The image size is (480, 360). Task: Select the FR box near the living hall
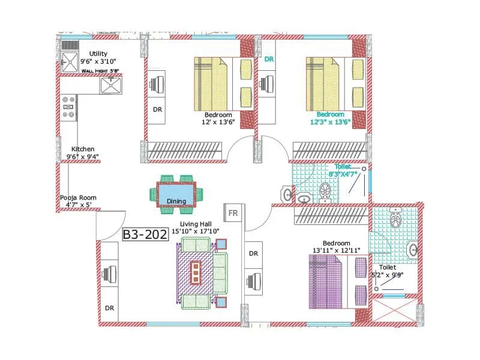click(232, 213)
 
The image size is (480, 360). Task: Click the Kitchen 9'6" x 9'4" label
click(83, 153)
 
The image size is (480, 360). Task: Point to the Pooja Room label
click(78, 201)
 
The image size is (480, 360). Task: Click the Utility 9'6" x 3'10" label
click(98, 57)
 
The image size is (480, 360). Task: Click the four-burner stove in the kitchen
click(67, 107)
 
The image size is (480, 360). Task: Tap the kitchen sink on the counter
click(111, 86)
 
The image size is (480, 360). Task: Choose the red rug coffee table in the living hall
click(196, 273)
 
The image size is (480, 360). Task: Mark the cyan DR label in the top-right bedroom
click(269, 59)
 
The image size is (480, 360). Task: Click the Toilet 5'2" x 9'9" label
click(386, 272)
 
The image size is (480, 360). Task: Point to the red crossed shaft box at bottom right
click(394, 310)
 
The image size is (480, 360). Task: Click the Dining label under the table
click(176, 202)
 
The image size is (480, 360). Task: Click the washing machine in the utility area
click(70, 60)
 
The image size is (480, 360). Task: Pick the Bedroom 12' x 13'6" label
click(218, 118)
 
